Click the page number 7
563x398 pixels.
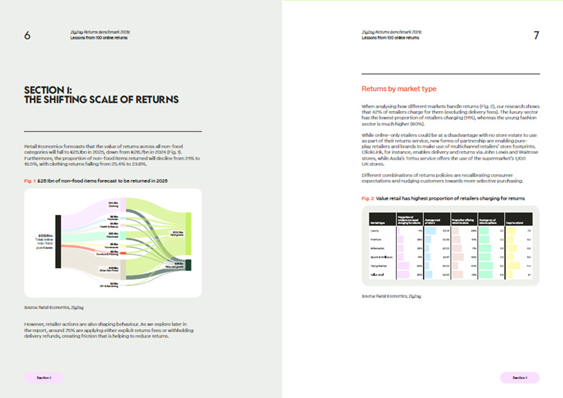tap(536, 35)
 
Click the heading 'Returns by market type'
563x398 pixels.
tap(399, 89)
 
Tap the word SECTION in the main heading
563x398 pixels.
tap(45, 89)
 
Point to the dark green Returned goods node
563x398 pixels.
tap(188, 267)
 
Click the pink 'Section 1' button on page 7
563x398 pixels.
tap(519, 378)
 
